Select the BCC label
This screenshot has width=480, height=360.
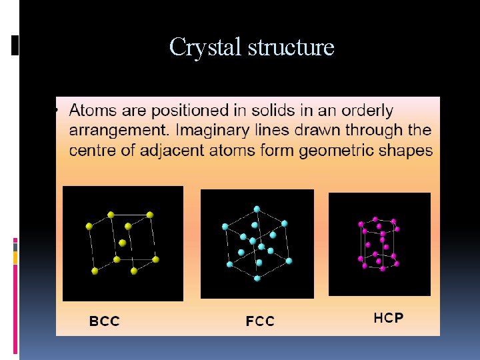pos(105,321)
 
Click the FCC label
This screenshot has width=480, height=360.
pos(260,322)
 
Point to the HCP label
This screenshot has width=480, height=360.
pos(388,318)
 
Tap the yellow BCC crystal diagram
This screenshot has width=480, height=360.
pos(123,243)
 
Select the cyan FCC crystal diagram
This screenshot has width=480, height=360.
pos(257,243)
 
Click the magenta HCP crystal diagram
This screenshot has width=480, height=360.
pos(379,244)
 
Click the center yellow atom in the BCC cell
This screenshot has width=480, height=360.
pos(122,242)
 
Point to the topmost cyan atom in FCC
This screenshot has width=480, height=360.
pos(258,209)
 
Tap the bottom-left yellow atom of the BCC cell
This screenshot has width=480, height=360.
pos(95,271)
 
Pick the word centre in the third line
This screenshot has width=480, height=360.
pos(93,150)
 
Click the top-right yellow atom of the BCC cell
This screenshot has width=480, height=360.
pos(150,215)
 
